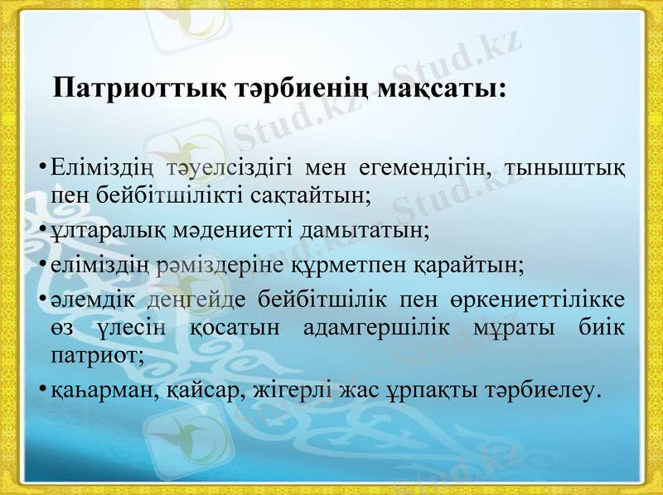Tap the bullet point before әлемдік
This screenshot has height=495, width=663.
tap(41, 300)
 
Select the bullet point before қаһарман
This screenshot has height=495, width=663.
tap(41, 390)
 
